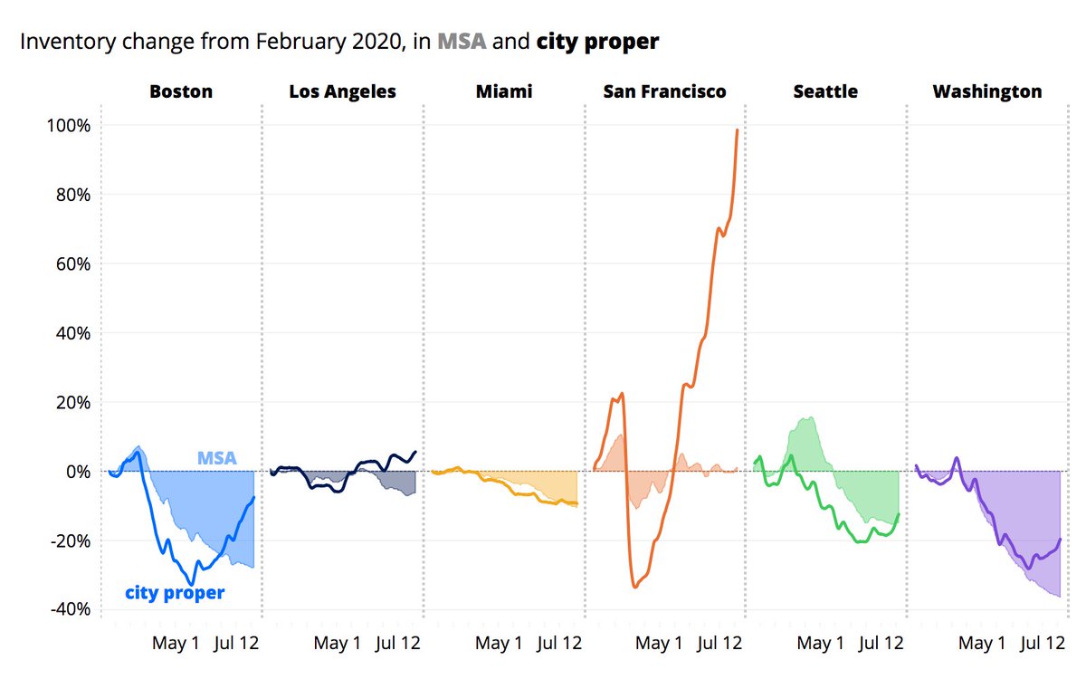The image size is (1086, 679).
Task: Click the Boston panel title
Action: tap(181, 91)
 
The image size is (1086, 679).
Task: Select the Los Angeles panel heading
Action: tap(342, 91)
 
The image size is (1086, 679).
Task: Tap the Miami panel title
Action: tap(504, 91)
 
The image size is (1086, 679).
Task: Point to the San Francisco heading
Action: tap(665, 91)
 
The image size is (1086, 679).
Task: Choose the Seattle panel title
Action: tap(825, 91)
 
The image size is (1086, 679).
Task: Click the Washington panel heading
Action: tap(986, 91)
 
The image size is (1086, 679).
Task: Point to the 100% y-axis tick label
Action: tap(67, 125)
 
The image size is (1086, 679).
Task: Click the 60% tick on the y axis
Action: tap(71, 263)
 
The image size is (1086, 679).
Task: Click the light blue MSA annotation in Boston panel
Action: tap(217, 458)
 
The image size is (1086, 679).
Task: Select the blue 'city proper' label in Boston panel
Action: tap(175, 593)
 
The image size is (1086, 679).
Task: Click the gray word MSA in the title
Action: tap(462, 42)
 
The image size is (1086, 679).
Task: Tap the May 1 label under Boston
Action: tap(176, 644)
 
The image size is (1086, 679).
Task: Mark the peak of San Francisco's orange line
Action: tap(738, 129)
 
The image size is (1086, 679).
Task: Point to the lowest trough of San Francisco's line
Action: tap(635, 587)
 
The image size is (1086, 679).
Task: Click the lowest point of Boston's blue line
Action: tap(191, 584)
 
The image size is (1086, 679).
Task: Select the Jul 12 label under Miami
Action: tap(559, 644)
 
